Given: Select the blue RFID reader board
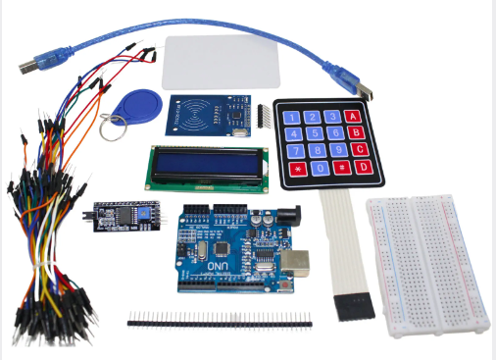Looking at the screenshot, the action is click(x=209, y=116).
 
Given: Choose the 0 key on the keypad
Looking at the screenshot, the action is click(x=318, y=169).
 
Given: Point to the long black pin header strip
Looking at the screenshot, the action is click(x=219, y=320).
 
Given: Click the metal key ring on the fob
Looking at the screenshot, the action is click(x=120, y=122).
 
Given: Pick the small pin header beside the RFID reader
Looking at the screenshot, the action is click(x=264, y=117).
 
